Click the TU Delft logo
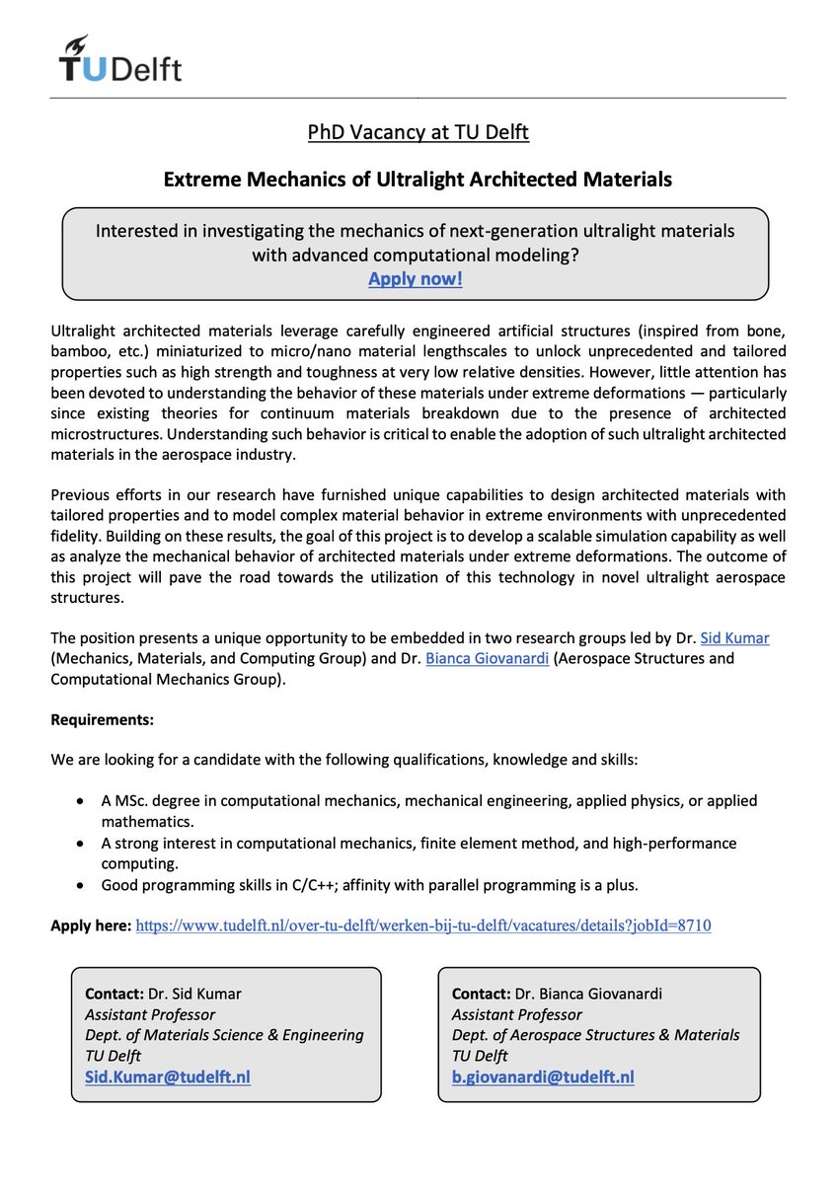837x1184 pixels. pos(119,58)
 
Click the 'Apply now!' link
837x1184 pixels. pos(415,278)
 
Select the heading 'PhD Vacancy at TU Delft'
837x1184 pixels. pos(418,131)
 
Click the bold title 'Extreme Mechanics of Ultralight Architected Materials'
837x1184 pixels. pos(418,180)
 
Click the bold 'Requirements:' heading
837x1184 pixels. pos(102,719)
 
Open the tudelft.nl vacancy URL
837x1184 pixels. pos(422,925)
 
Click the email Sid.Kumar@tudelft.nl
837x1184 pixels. pos(167,1076)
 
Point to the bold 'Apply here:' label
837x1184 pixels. pos(90,925)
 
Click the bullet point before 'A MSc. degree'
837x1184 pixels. pos(80,801)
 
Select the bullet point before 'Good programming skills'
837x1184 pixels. pos(80,884)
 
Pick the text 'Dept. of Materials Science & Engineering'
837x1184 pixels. pos(224,1035)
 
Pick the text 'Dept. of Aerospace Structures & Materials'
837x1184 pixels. pos(595,1035)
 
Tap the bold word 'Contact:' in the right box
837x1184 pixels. pos(481,994)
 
